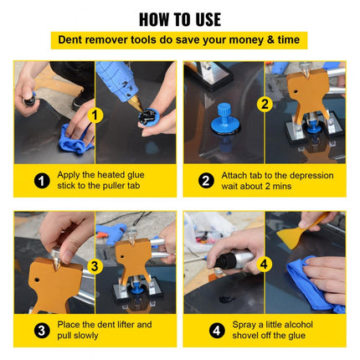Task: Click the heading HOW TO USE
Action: click(x=179, y=18)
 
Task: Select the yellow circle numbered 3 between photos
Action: click(x=95, y=267)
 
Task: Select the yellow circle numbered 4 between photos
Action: click(x=264, y=265)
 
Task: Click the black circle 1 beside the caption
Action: click(x=42, y=179)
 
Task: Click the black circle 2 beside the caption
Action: click(x=207, y=179)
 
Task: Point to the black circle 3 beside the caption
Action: click(x=42, y=330)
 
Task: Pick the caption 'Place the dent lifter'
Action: click(x=105, y=330)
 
